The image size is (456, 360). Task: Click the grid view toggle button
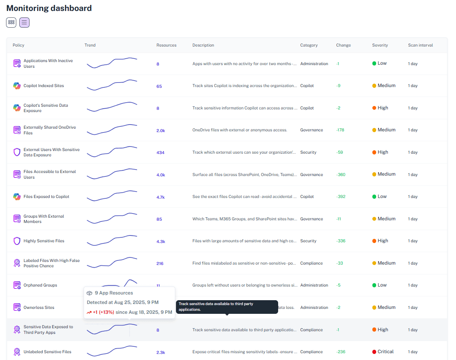[x=11, y=22]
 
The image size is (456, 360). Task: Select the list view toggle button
[x=24, y=22]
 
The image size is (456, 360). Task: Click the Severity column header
[x=380, y=45]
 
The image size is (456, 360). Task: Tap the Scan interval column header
[x=420, y=45]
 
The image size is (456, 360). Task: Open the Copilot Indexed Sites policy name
[x=44, y=86]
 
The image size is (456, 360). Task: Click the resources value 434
[x=160, y=153]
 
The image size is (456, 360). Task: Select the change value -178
[x=340, y=130]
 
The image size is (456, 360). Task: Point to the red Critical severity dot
[x=374, y=352]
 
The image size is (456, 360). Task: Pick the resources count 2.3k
[x=160, y=352]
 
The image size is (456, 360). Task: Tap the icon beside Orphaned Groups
[x=17, y=285]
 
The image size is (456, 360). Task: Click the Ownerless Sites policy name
[x=39, y=308]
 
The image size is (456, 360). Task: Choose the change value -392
[x=341, y=197]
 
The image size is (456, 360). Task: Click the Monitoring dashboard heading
[x=49, y=8]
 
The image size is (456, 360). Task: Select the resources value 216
[x=160, y=263]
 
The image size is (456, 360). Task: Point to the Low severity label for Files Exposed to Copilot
[x=382, y=196]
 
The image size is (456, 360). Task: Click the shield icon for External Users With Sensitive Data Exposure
[x=17, y=152]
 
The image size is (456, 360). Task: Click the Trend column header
[x=90, y=45]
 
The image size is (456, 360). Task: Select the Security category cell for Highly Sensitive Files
[x=308, y=241]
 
